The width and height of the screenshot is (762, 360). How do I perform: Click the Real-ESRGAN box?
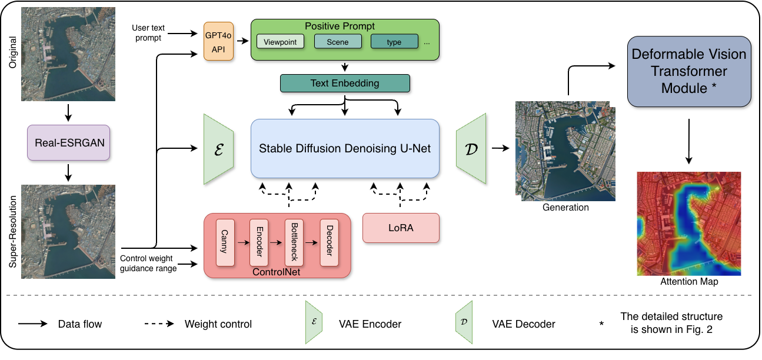click(x=68, y=142)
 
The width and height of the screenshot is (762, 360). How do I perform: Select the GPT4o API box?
click(x=218, y=41)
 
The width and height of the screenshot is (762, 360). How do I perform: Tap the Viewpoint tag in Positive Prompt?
click(x=281, y=42)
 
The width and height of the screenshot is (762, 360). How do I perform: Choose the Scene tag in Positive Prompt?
click(x=337, y=42)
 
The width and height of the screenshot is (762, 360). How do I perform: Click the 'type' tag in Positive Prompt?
click(x=394, y=42)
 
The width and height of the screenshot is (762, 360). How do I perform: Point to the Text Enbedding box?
click(x=345, y=84)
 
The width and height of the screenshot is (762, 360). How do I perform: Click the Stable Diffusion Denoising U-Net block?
click(x=345, y=148)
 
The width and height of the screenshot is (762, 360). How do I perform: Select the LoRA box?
click(x=401, y=228)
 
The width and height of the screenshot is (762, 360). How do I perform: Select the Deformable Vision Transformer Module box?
click(x=688, y=71)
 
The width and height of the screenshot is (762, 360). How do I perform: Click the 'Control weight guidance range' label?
click(x=148, y=263)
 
